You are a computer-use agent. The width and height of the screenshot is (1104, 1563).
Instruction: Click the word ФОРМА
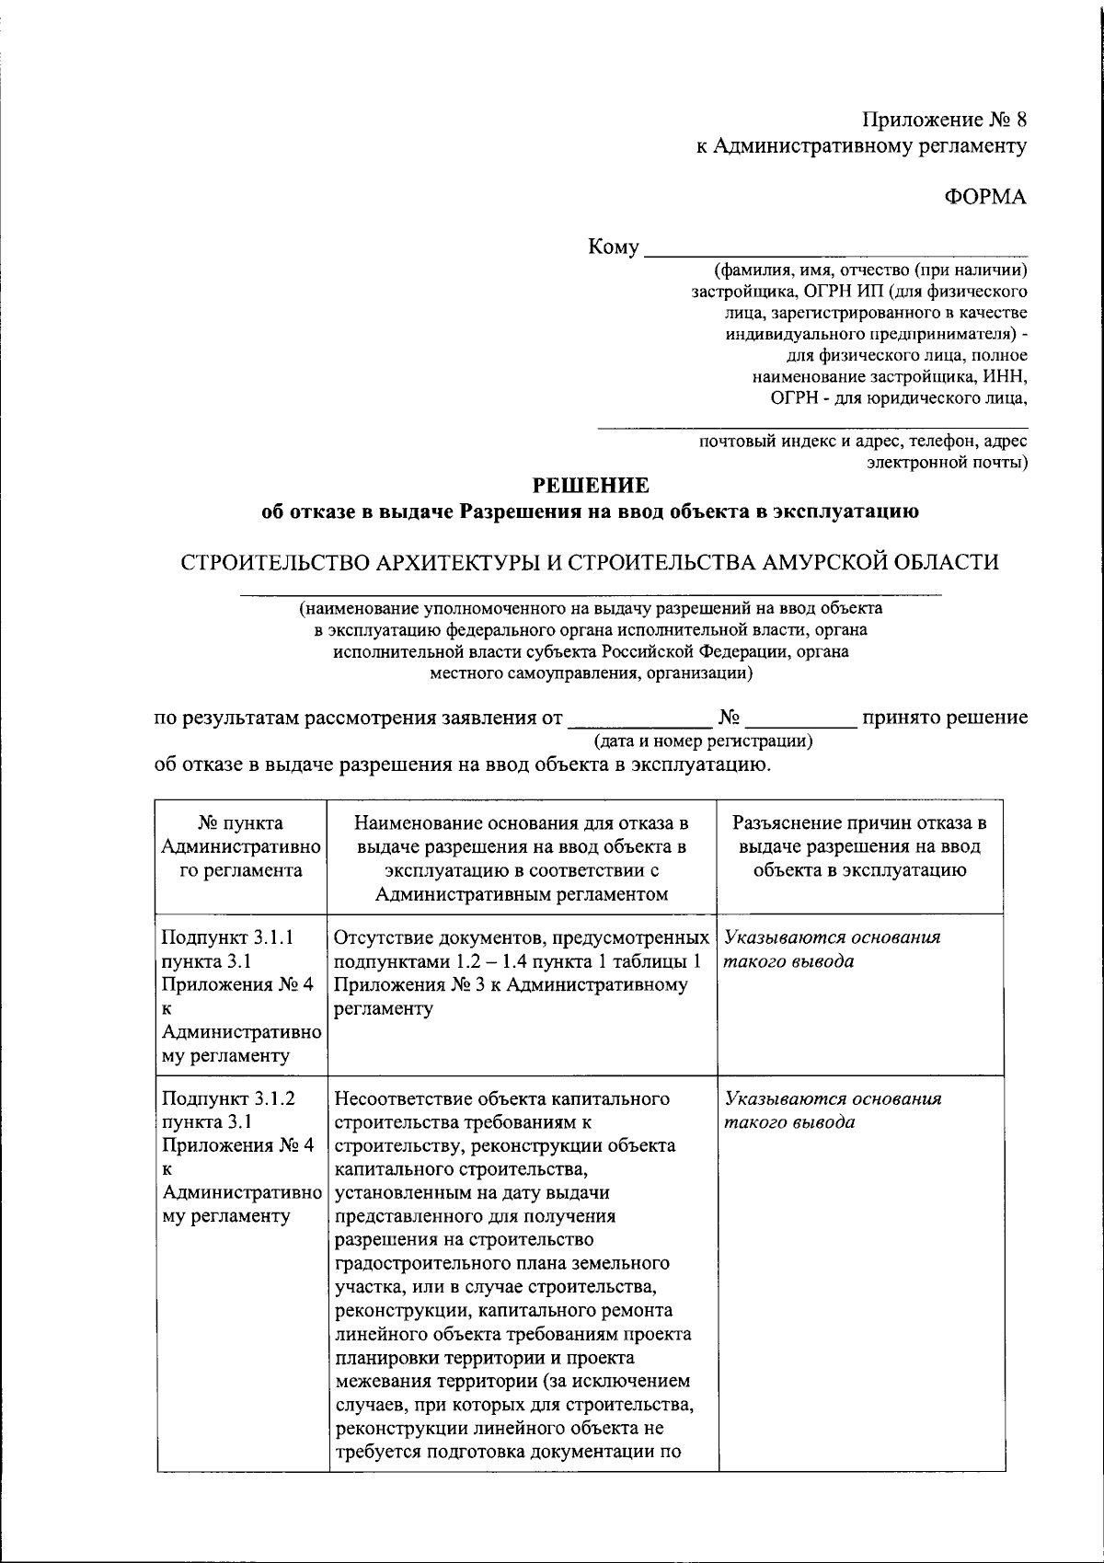tap(986, 196)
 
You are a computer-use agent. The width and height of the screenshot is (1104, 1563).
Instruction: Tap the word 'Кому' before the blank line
tap(613, 247)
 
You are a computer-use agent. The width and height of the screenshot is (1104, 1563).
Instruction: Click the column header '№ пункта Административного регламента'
tap(241, 846)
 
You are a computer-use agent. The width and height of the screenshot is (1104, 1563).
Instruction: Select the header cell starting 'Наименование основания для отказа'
tap(523, 857)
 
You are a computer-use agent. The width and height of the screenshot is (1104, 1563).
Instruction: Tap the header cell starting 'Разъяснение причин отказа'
tap(859, 846)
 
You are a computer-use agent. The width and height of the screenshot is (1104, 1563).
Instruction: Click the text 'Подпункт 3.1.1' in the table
tap(227, 937)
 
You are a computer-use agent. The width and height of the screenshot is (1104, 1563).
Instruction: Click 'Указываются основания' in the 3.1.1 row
tap(833, 937)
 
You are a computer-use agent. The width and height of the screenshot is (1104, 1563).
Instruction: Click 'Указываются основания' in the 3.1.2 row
tap(833, 1098)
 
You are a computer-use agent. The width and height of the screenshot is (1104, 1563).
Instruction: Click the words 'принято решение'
tap(944, 718)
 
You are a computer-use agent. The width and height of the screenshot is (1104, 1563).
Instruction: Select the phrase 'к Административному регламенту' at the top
tap(861, 145)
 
